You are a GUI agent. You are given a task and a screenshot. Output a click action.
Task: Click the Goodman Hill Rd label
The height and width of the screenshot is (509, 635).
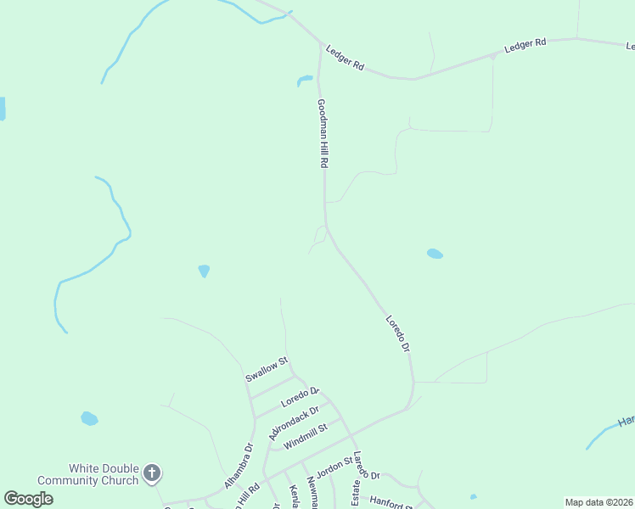pos(323,133)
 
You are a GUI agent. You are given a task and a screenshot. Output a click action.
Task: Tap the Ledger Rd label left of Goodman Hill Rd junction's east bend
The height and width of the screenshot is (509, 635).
pos(346,59)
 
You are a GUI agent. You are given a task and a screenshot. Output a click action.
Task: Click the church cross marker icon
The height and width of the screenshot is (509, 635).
pos(151,473)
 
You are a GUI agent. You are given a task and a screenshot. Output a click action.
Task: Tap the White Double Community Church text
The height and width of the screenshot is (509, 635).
pos(104,474)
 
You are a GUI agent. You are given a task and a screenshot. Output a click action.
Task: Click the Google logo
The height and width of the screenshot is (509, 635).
pos(28,499)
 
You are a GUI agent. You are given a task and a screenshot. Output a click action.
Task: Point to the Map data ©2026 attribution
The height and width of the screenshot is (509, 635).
pos(598,502)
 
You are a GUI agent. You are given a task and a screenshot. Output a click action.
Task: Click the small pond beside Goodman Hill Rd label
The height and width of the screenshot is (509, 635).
pos(304,81)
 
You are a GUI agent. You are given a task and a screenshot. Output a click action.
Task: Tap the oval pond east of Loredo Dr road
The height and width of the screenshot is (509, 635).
pos(435,254)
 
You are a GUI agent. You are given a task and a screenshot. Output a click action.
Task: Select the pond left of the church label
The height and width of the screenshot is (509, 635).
pos(89,418)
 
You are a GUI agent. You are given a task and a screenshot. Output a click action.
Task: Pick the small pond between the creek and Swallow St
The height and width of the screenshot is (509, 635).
pos(204,271)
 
